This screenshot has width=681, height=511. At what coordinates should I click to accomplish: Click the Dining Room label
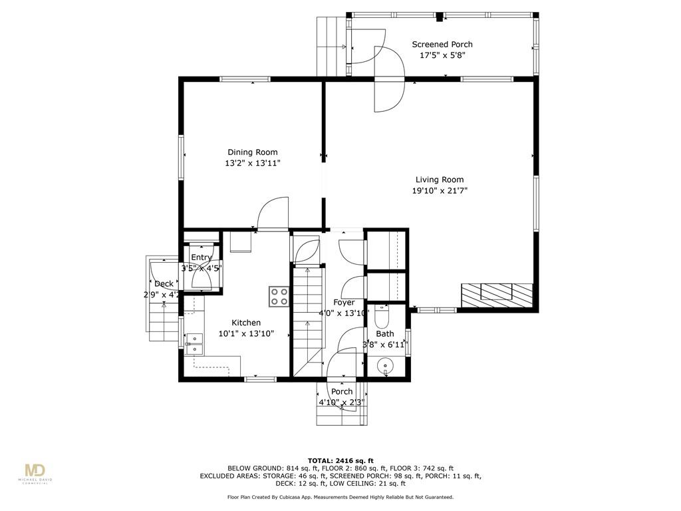pyautogui.click(x=252, y=152)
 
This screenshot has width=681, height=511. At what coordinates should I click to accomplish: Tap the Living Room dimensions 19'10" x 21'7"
pyautogui.click(x=440, y=190)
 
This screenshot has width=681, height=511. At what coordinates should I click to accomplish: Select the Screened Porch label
pyautogui.click(x=442, y=45)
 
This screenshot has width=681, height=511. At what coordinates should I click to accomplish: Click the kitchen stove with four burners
pyautogui.click(x=279, y=297)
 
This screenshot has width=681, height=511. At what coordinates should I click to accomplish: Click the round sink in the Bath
pyautogui.click(x=385, y=365)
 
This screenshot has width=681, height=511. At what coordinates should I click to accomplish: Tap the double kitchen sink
pyautogui.click(x=194, y=344)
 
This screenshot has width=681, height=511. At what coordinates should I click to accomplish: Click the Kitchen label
pyautogui.click(x=246, y=323)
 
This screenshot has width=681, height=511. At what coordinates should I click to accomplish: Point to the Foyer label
pyautogui.click(x=344, y=303)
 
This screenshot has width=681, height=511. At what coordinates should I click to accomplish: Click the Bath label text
pyautogui.click(x=385, y=334)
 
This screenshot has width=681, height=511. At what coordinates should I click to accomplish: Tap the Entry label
pyautogui.click(x=202, y=257)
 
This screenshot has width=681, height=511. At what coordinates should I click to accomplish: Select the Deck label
pyautogui.click(x=164, y=283)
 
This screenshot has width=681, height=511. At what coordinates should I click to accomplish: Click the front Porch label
pyautogui.click(x=342, y=391)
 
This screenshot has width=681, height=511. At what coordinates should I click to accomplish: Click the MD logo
pyautogui.click(x=35, y=471)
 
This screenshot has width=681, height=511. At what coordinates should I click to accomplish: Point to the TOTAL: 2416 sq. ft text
pyautogui.click(x=340, y=460)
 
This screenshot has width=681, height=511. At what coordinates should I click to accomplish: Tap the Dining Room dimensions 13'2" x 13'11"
pyautogui.click(x=252, y=164)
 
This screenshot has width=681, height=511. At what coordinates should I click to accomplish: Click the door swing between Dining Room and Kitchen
pyautogui.click(x=273, y=213)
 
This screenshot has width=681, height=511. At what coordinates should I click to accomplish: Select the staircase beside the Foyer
pyautogui.click(x=309, y=321)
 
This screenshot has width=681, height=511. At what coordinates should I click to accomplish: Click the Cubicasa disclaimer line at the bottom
pyautogui.click(x=340, y=497)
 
